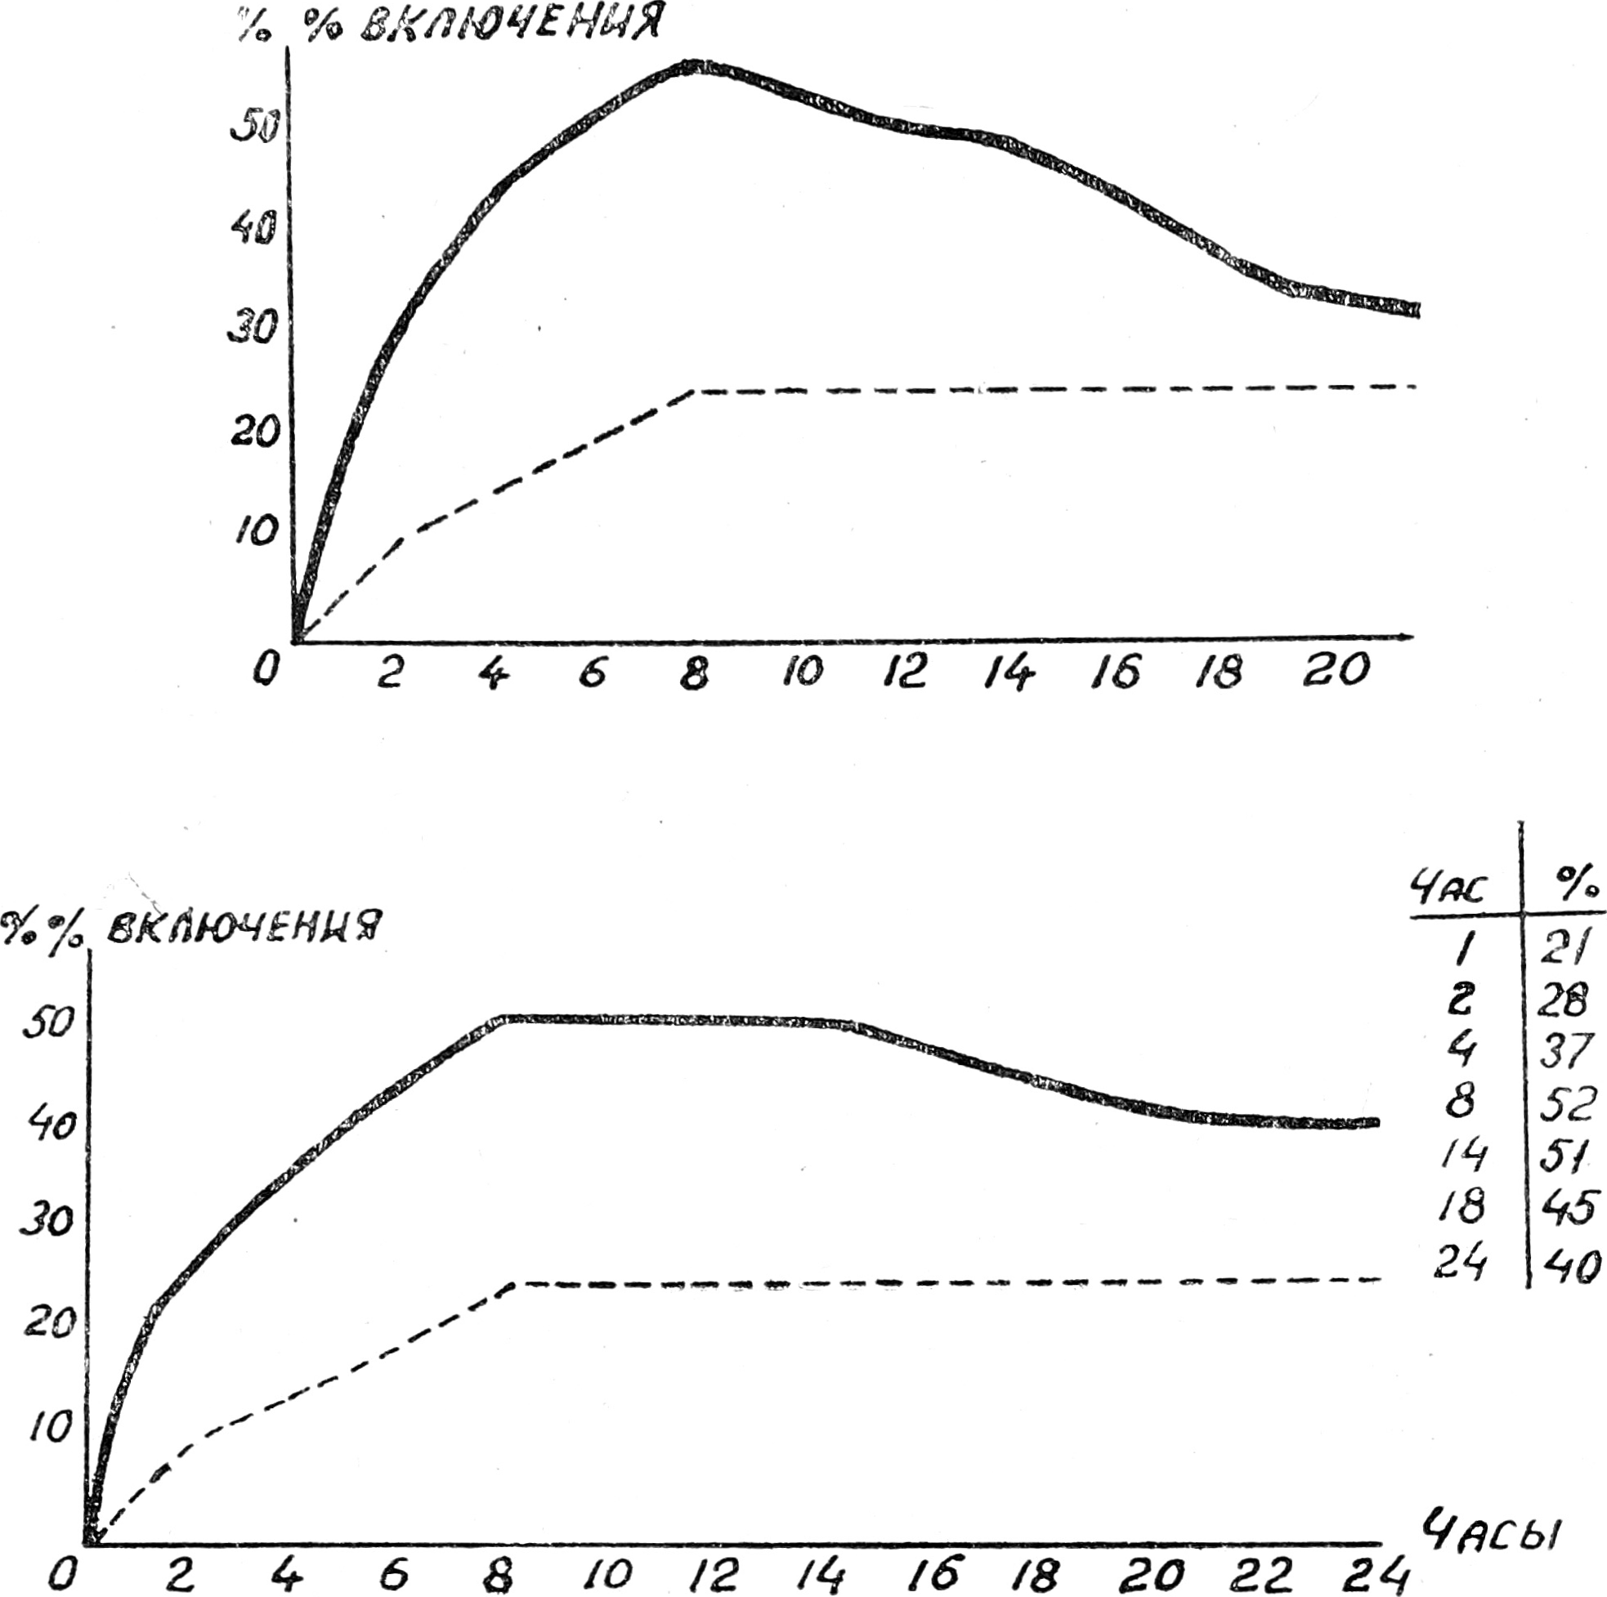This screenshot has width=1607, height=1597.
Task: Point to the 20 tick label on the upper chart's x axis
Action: (x=1335, y=669)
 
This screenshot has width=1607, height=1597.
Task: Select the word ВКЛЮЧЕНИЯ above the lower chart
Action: (x=243, y=927)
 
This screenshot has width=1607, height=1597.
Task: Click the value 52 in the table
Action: (x=1569, y=1103)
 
